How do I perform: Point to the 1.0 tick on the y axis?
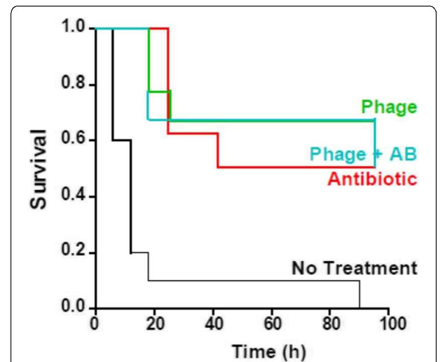coord(73,29)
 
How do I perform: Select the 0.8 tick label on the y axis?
coord(73,85)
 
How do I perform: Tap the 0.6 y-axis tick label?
coord(73,140)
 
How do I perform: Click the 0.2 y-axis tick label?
coord(73,253)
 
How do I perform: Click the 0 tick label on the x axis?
coord(95,325)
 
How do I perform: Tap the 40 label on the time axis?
coord(213,325)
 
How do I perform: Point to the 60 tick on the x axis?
coord(272,325)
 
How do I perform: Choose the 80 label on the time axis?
coord(330,325)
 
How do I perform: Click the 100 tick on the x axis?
coord(389,325)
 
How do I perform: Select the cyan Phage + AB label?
coord(363,154)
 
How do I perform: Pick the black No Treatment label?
coord(354,268)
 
